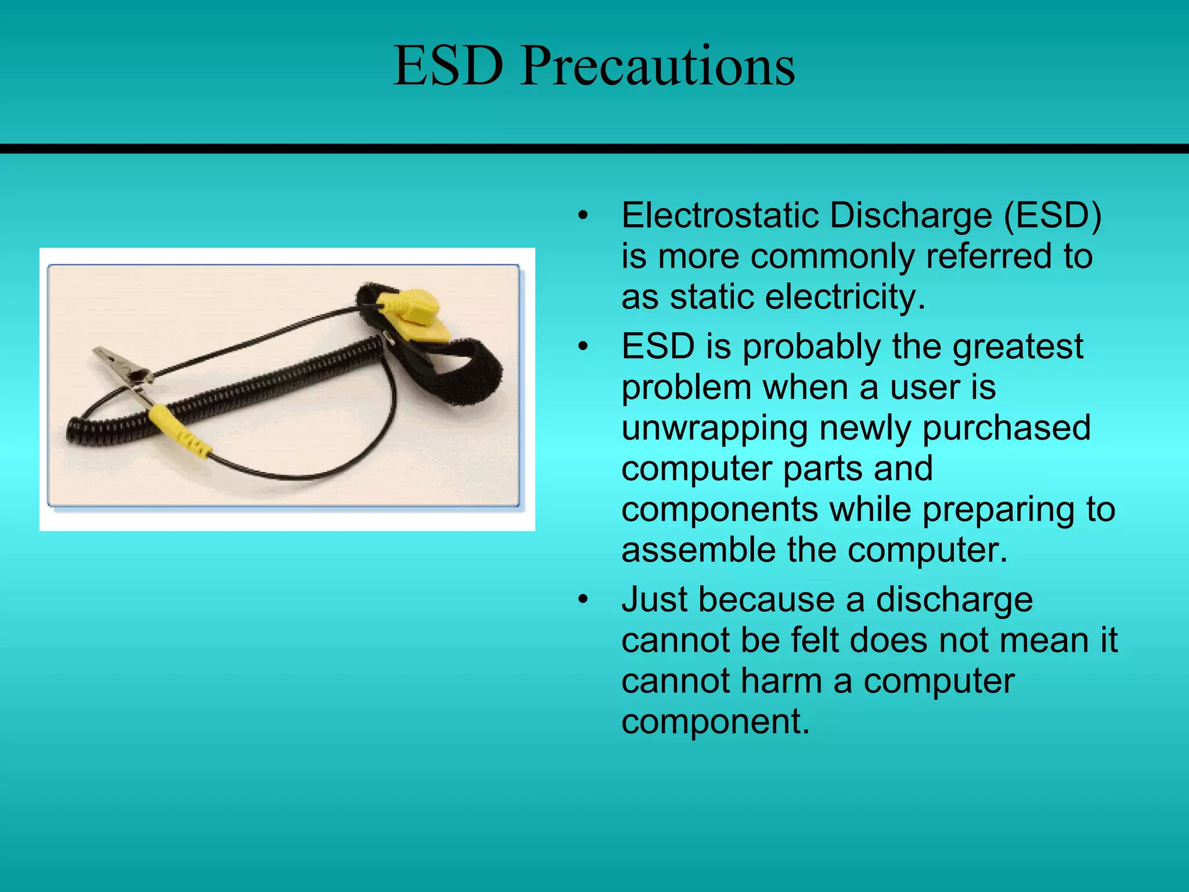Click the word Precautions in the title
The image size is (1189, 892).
657,67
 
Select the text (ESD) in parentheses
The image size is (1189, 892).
1053,216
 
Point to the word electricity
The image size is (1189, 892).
845,297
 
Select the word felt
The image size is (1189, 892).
805,640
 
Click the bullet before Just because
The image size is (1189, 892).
583,599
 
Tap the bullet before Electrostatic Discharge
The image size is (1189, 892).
583,216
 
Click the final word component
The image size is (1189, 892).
715,722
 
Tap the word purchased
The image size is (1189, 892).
1007,428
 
